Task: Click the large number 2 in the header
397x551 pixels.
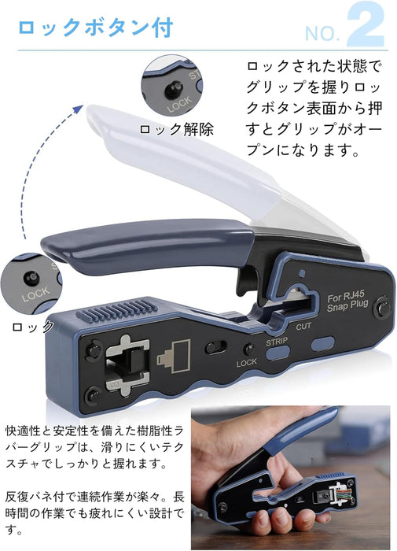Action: pos(366,25)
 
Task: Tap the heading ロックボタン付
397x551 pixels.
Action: pos(95,28)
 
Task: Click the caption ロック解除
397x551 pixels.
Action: pos(177,130)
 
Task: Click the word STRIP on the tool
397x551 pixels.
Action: pos(277,342)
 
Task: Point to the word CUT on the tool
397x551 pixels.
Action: pos(303,327)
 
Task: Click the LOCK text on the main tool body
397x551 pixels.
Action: pos(246,363)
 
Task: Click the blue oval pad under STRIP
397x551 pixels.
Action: pos(278,353)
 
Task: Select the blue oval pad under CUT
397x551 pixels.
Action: pos(322,344)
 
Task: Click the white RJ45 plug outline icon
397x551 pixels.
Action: pos(175,356)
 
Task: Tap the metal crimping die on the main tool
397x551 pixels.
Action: pos(127,365)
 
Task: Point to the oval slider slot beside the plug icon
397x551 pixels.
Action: pos(215,348)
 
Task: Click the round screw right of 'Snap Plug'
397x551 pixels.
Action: pos(383,309)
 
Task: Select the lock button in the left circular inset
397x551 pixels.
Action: pos(31,279)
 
